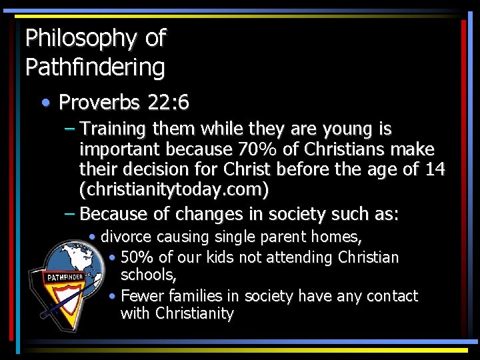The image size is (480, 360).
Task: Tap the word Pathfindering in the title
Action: [x=95, y=67]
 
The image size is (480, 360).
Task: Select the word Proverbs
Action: [x=99, y=103]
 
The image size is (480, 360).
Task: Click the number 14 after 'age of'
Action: [x=435, y=169]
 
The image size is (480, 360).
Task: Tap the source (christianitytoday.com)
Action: [x=174, y=191]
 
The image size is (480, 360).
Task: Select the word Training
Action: [x=117, y=128]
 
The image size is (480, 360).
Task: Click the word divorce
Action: [x=126, y=237]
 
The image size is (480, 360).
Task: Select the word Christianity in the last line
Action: [x=195, y=314]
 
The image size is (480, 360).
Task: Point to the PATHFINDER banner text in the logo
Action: [x=65, y=276]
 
